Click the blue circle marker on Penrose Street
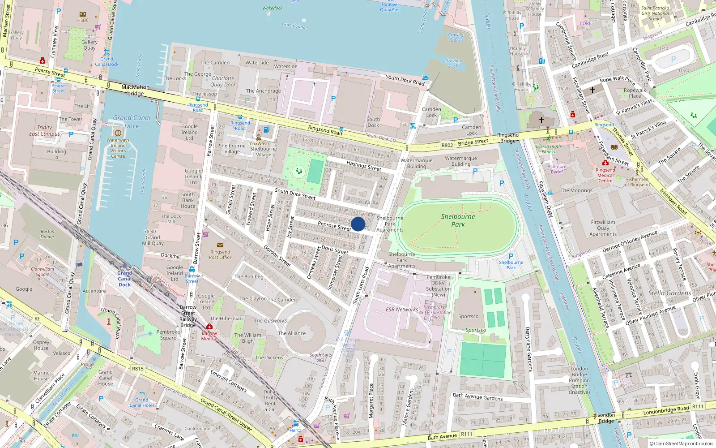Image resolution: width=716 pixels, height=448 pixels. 358,224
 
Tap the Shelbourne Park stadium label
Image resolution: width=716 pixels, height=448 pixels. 458,220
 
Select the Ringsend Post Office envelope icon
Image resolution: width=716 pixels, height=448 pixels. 220,245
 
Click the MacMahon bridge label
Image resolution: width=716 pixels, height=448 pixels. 135,90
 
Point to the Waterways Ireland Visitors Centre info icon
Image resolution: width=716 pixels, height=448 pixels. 118,133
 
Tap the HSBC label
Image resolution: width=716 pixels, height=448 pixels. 83,20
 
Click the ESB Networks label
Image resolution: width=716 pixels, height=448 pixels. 401,310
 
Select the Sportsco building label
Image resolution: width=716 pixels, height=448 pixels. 468,316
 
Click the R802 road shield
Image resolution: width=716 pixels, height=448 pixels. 447,145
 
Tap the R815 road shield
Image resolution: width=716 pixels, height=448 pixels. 138,369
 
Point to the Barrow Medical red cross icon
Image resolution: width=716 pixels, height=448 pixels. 209,327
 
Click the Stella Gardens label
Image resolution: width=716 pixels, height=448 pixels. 669,293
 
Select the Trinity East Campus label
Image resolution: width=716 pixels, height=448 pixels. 44,130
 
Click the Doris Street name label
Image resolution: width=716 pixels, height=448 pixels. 335,250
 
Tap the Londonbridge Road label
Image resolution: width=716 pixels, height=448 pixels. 666,410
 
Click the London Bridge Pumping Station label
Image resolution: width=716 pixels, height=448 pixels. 579,380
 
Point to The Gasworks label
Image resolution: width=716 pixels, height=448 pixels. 270,321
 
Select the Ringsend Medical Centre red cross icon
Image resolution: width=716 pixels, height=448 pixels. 605,163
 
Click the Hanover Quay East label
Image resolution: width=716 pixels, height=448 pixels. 390,7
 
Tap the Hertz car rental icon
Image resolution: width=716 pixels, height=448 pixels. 296,423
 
